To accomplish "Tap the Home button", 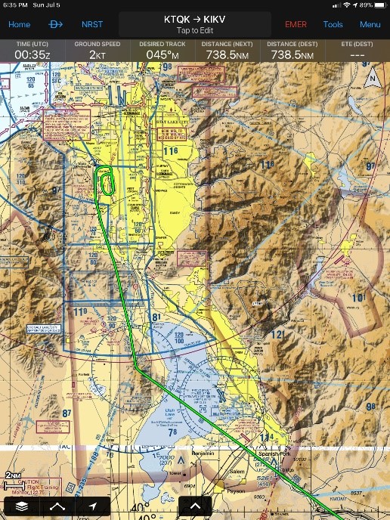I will pyautogui.click(x=19, y=24).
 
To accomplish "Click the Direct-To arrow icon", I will pyautogui.click(x=57, y=24).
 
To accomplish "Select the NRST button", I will pyautogui.click(x=92, y=24).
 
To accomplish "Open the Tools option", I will pyautogui.click(x=333, y=24).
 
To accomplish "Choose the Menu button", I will pyautogui.click(x=370, y=24).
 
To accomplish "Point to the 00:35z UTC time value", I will pyautogui.click(x=32, y=54).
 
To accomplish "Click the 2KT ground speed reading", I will pyautogui.click(x=97, y=54).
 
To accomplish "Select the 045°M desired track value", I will pyautogui.click(x=162, y=54).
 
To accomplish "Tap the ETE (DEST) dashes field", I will pyautogui.click(x=357, y=54).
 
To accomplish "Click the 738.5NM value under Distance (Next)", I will pyautogui.click(x=227, y=54).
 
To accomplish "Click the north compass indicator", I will pyautogui.click(x=371, y=77).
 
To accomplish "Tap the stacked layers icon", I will pyautogui.click(x=22, y=506).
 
